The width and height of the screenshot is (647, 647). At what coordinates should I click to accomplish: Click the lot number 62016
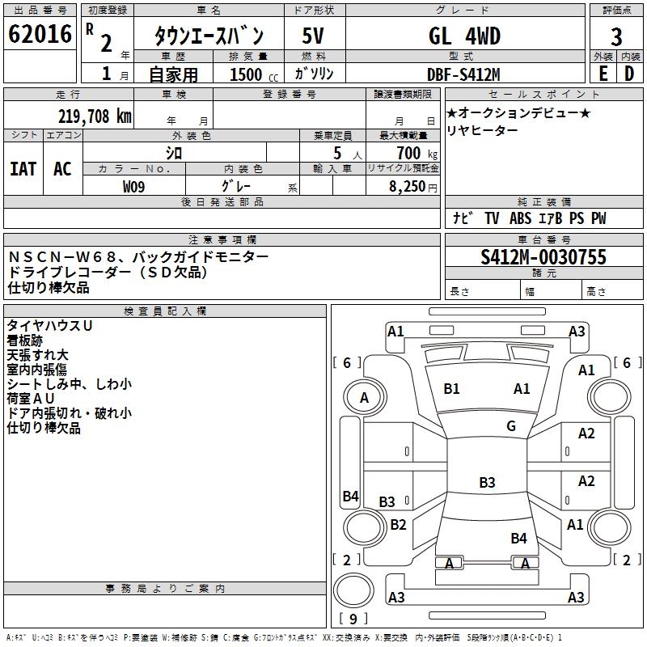click(40, 35)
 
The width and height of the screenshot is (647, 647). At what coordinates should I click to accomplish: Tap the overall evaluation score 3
click(616, 36)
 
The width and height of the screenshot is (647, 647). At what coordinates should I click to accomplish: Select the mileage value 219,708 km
click(95, 116)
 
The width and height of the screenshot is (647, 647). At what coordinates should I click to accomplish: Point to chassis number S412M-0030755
click(543, 257)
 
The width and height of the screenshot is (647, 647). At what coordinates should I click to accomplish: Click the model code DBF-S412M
click(463, 74)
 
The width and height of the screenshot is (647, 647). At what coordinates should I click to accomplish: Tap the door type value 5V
click(313, 36)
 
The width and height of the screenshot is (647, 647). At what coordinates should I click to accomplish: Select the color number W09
click(134, 185)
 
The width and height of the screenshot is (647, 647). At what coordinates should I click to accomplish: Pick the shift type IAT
click(23, 169)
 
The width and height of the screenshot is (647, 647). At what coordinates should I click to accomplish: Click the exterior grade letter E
click(603, 74)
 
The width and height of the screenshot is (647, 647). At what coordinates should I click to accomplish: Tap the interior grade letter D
click(629, 74)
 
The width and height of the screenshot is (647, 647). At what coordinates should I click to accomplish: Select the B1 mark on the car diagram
click(451, 389)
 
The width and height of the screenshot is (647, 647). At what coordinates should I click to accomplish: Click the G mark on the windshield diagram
click(511, 426)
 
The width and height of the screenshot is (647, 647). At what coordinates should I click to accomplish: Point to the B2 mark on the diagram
click(398, 524)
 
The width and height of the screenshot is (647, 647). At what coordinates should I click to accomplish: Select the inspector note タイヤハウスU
click(49, 325)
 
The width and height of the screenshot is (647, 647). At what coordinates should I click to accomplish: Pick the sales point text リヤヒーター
click(483, 131)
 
